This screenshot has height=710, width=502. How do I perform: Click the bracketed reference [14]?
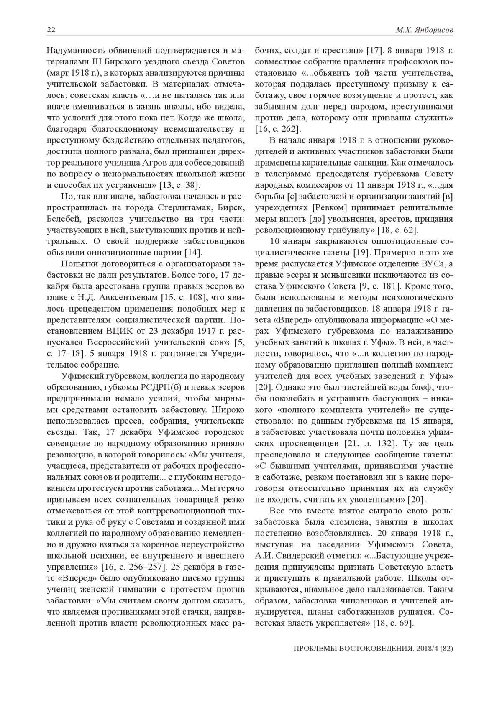(193, 253)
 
